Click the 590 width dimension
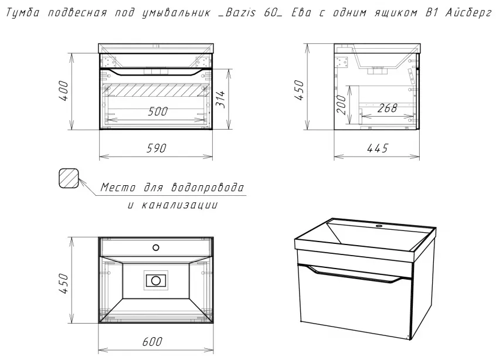tap(157, 148)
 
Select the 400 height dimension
tap(63, 91)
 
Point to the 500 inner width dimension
tap(158, 111)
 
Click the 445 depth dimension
tap(378, 148)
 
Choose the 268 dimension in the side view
tap(387, 108)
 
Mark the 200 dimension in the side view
tap(341, 104)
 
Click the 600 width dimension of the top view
tap(152, 342)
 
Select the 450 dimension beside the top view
tap(63, 284)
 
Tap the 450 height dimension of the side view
tap(299, 90)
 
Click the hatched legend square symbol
tap(69, 178)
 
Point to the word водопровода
tap(208, 188)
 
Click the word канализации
tap(179, 205)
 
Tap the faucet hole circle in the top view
tap(155, 247)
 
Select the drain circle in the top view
tap(155, 280)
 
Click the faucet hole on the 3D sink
tap(379, 226)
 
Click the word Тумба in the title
tap(23, 13)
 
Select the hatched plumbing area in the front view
tap(157, 90)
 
